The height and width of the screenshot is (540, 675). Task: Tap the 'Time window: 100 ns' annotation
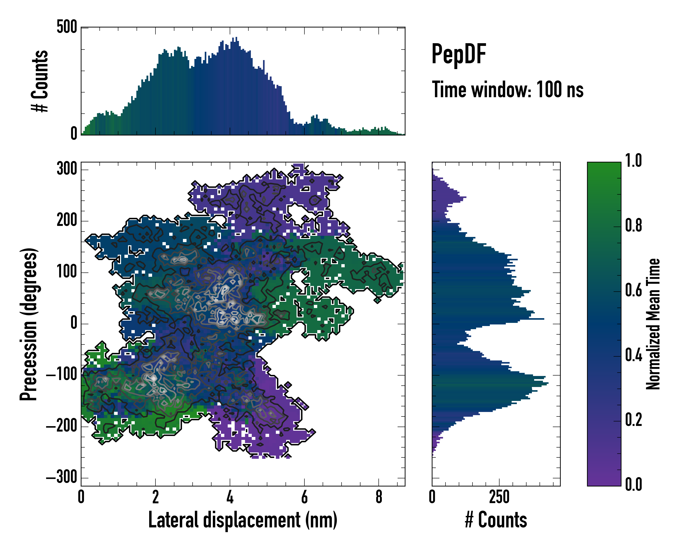pyautogui.click(x=508, y=90)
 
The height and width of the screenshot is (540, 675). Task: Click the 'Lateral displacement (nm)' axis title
pyautogui.click(x=243, y=520)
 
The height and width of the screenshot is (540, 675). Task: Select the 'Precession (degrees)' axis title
pyautogui.click(x=29, y=324)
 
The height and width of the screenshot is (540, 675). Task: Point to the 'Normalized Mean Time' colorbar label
pyautogui.click(x=653, y=324)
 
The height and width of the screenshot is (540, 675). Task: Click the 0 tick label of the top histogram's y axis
pyautogui.click(x=74, y=134)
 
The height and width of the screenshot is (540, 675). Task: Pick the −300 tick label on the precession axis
pyautogui.click(x=62, y=478)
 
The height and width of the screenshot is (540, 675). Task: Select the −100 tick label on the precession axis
pyautogui.click(x=62, y=375)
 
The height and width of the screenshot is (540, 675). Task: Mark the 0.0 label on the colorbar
pyautogui.click(x=633, y=485)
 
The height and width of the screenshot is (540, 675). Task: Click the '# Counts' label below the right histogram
pyautogui.click(x=496, y=520)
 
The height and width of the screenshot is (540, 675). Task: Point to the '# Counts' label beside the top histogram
pyautogui.click(x=40, y=81)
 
